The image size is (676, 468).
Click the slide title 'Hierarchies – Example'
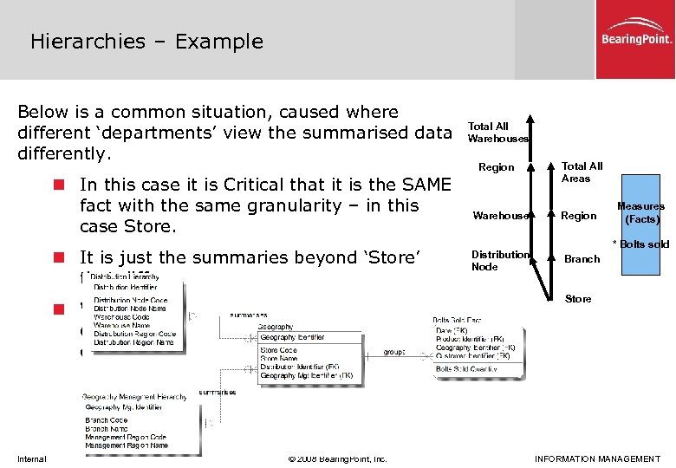pyautogui.click(x=146, y=41)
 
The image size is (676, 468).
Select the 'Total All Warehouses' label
pyautogui.click(x=497, y=133)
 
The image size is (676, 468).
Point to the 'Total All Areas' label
pyautogui.click(x=582, y=172)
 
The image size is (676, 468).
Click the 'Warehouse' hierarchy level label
pyautogui.click(x=498, y=215)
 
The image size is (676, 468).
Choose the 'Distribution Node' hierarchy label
pyautogui.click(x=499, y=260)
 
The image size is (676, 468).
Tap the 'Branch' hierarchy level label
pyautogui.click(x=582, y=259)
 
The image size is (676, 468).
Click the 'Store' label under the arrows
pyautogui.click(x=578, y=299)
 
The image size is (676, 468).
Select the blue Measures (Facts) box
pyautogui.click(x=641, y=214)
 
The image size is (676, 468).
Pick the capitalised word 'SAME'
pyautogui.click(x=426, y=185)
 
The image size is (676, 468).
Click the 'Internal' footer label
pyautogui.click(x=31, y=458)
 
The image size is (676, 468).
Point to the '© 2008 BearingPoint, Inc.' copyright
pyautogui.click(x=336, y=458)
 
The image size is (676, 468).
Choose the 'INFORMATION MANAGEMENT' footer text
pyautogui.click(x=597, y=458)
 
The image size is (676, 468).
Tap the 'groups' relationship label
pyautogui.click(x=395, y=353)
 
